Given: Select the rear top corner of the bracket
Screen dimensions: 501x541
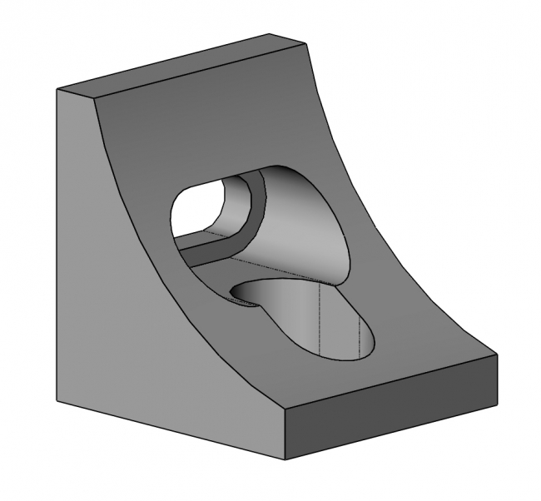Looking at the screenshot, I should click(270, 34).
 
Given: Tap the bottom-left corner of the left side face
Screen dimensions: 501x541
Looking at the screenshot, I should click(56, 399).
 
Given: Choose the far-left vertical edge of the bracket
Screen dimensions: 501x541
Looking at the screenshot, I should click(56, 250).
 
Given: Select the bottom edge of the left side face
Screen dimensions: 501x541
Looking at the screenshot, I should click(166, 428).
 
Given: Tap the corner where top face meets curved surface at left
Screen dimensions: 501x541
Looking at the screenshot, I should click(97, 99).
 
